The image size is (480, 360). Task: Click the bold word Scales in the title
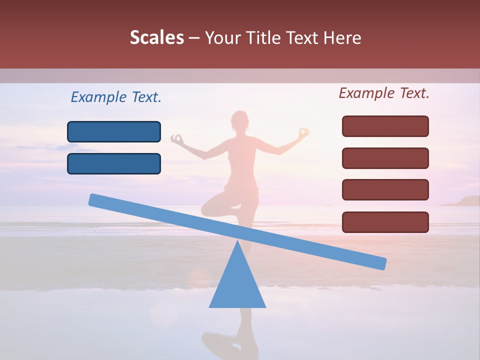156,37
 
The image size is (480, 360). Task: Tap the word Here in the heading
342,38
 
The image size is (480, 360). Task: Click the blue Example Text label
116,97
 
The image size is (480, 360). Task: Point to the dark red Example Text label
384,93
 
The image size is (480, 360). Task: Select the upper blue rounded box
114,131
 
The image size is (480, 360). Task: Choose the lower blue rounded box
114,163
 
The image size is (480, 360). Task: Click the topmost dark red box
385,126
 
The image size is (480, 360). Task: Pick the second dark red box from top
385,158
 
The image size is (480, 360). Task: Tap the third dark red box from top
385,190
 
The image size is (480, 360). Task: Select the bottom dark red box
385,222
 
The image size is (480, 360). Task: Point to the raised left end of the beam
95,199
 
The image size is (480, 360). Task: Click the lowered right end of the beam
380,263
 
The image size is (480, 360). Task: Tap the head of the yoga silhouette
239,121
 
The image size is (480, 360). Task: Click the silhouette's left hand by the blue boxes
176,138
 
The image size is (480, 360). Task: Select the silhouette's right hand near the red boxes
303,133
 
